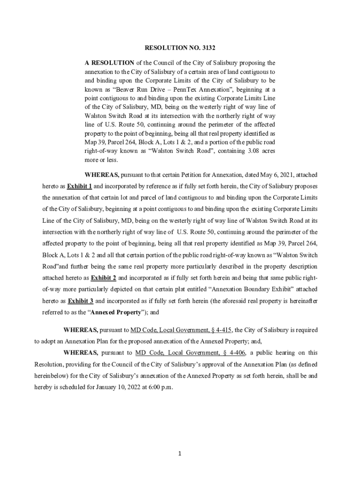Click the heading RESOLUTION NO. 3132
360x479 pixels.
(x=180, y=48)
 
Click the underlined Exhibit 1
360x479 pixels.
(x=79, y=186)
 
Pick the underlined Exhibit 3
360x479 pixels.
(x=80, y=301)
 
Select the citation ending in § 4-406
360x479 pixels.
(x=190, y=353)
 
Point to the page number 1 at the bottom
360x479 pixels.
(x=180, y=453)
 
